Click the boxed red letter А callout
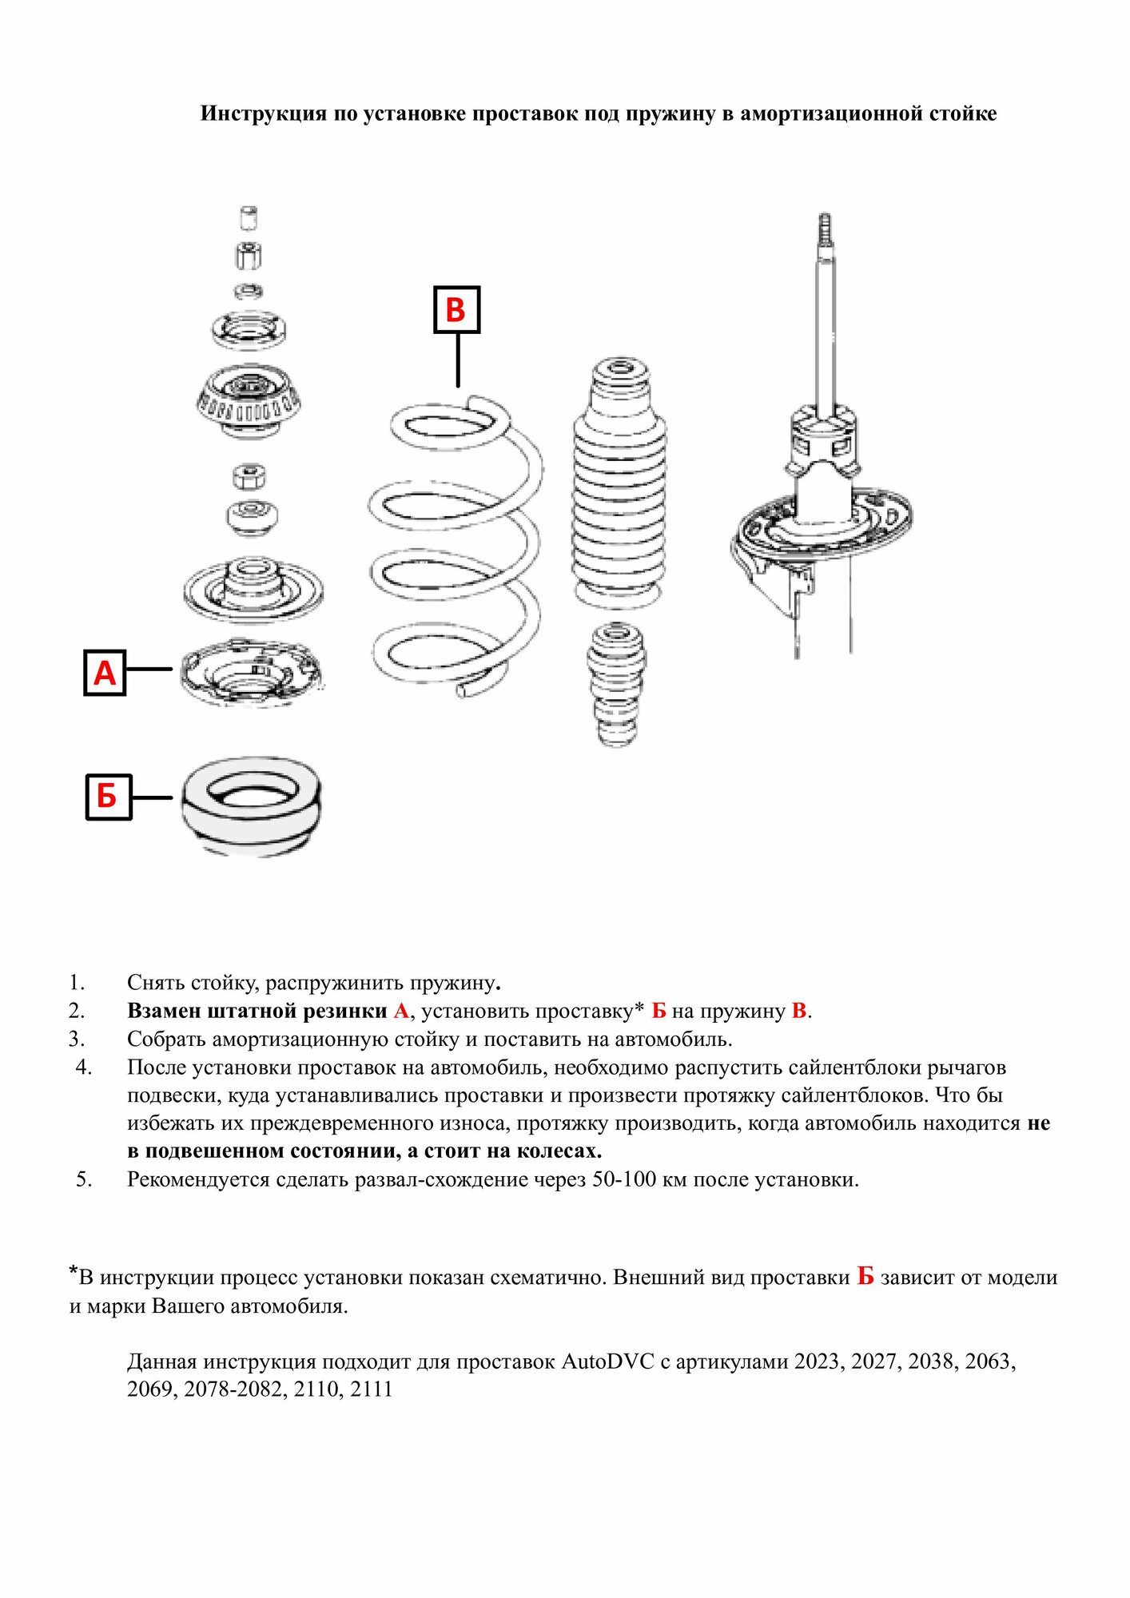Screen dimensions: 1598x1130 [105, 673]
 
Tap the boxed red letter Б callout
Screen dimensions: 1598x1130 [108, 797]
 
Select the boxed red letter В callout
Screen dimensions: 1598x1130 [456, 309]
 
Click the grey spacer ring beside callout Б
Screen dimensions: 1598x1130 [252, 807]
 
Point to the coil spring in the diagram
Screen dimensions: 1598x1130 [456, 543]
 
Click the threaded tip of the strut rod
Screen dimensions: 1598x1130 [826, 228]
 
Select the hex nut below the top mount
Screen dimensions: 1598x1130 [249, 477]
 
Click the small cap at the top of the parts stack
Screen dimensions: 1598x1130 [249, 217]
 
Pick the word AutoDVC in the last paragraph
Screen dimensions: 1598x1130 [607, 1361]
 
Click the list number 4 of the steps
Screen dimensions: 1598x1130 [84, 1067]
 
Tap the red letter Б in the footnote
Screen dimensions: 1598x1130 [865, 1277]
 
